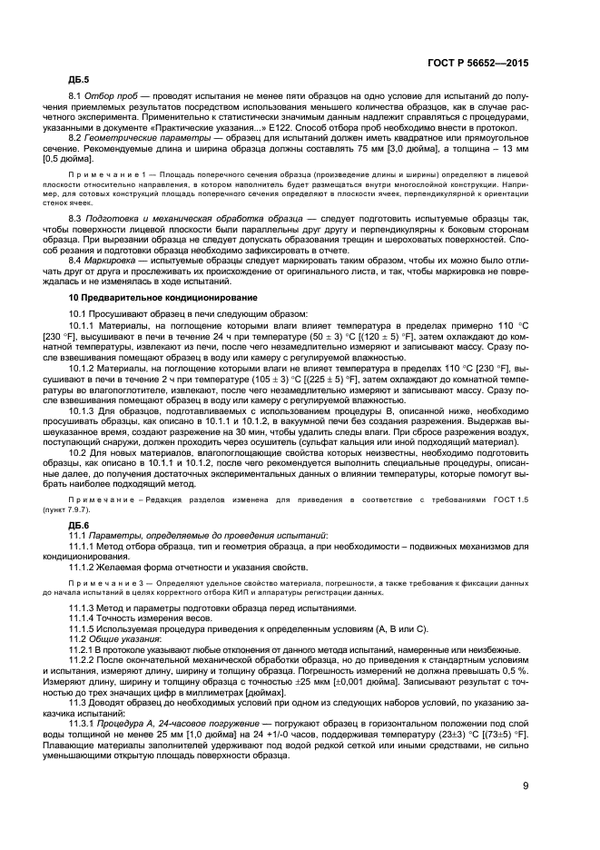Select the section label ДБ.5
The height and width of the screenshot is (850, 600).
coord(80,78)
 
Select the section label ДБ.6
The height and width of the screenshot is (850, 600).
coord(80,525)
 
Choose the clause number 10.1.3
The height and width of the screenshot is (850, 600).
coord(84,410)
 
